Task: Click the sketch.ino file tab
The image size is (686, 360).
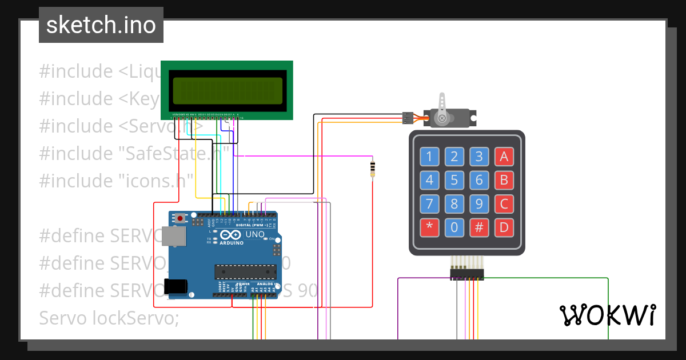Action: (101, 25)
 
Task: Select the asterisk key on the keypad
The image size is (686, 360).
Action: (429, 227)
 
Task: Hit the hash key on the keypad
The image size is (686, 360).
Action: (479, 227)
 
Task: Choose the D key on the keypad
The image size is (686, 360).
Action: (504, 227)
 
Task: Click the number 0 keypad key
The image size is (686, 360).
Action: (454, 227)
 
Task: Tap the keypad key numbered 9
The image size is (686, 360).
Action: (479, 204)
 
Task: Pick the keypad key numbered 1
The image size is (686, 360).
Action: (429, 157)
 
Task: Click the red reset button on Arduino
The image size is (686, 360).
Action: (181, 218)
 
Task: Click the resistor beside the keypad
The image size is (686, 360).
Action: (373, 169)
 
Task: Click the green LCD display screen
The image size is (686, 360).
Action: (227, 90)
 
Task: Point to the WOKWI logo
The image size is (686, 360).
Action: (607, 314)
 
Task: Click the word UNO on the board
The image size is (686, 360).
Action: (255, 234)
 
